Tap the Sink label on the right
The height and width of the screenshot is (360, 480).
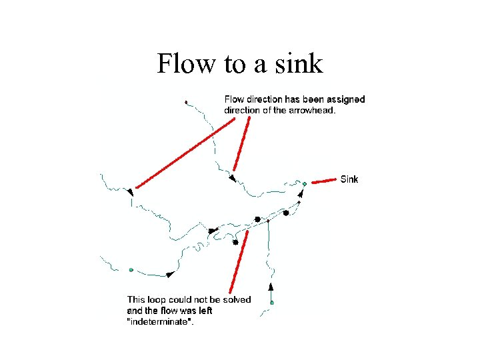[349, 179]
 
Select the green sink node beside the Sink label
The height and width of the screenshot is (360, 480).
[304, 183]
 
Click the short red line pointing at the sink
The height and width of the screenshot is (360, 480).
[324, 180]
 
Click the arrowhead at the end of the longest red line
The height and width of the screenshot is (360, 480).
[129, 192]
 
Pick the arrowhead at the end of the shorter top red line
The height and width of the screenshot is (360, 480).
[232, 178]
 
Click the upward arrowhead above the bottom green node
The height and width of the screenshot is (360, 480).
[271, 287]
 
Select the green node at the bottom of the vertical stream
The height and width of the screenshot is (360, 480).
[272, 303]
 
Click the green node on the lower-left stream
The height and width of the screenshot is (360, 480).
[131, 270]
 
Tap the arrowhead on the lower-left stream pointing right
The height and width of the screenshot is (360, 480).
[170, 274]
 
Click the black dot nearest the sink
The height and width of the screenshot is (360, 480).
[286, 213]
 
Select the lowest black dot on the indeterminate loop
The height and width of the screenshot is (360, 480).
[235, 243]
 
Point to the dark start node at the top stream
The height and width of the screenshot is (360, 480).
[186, 102]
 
